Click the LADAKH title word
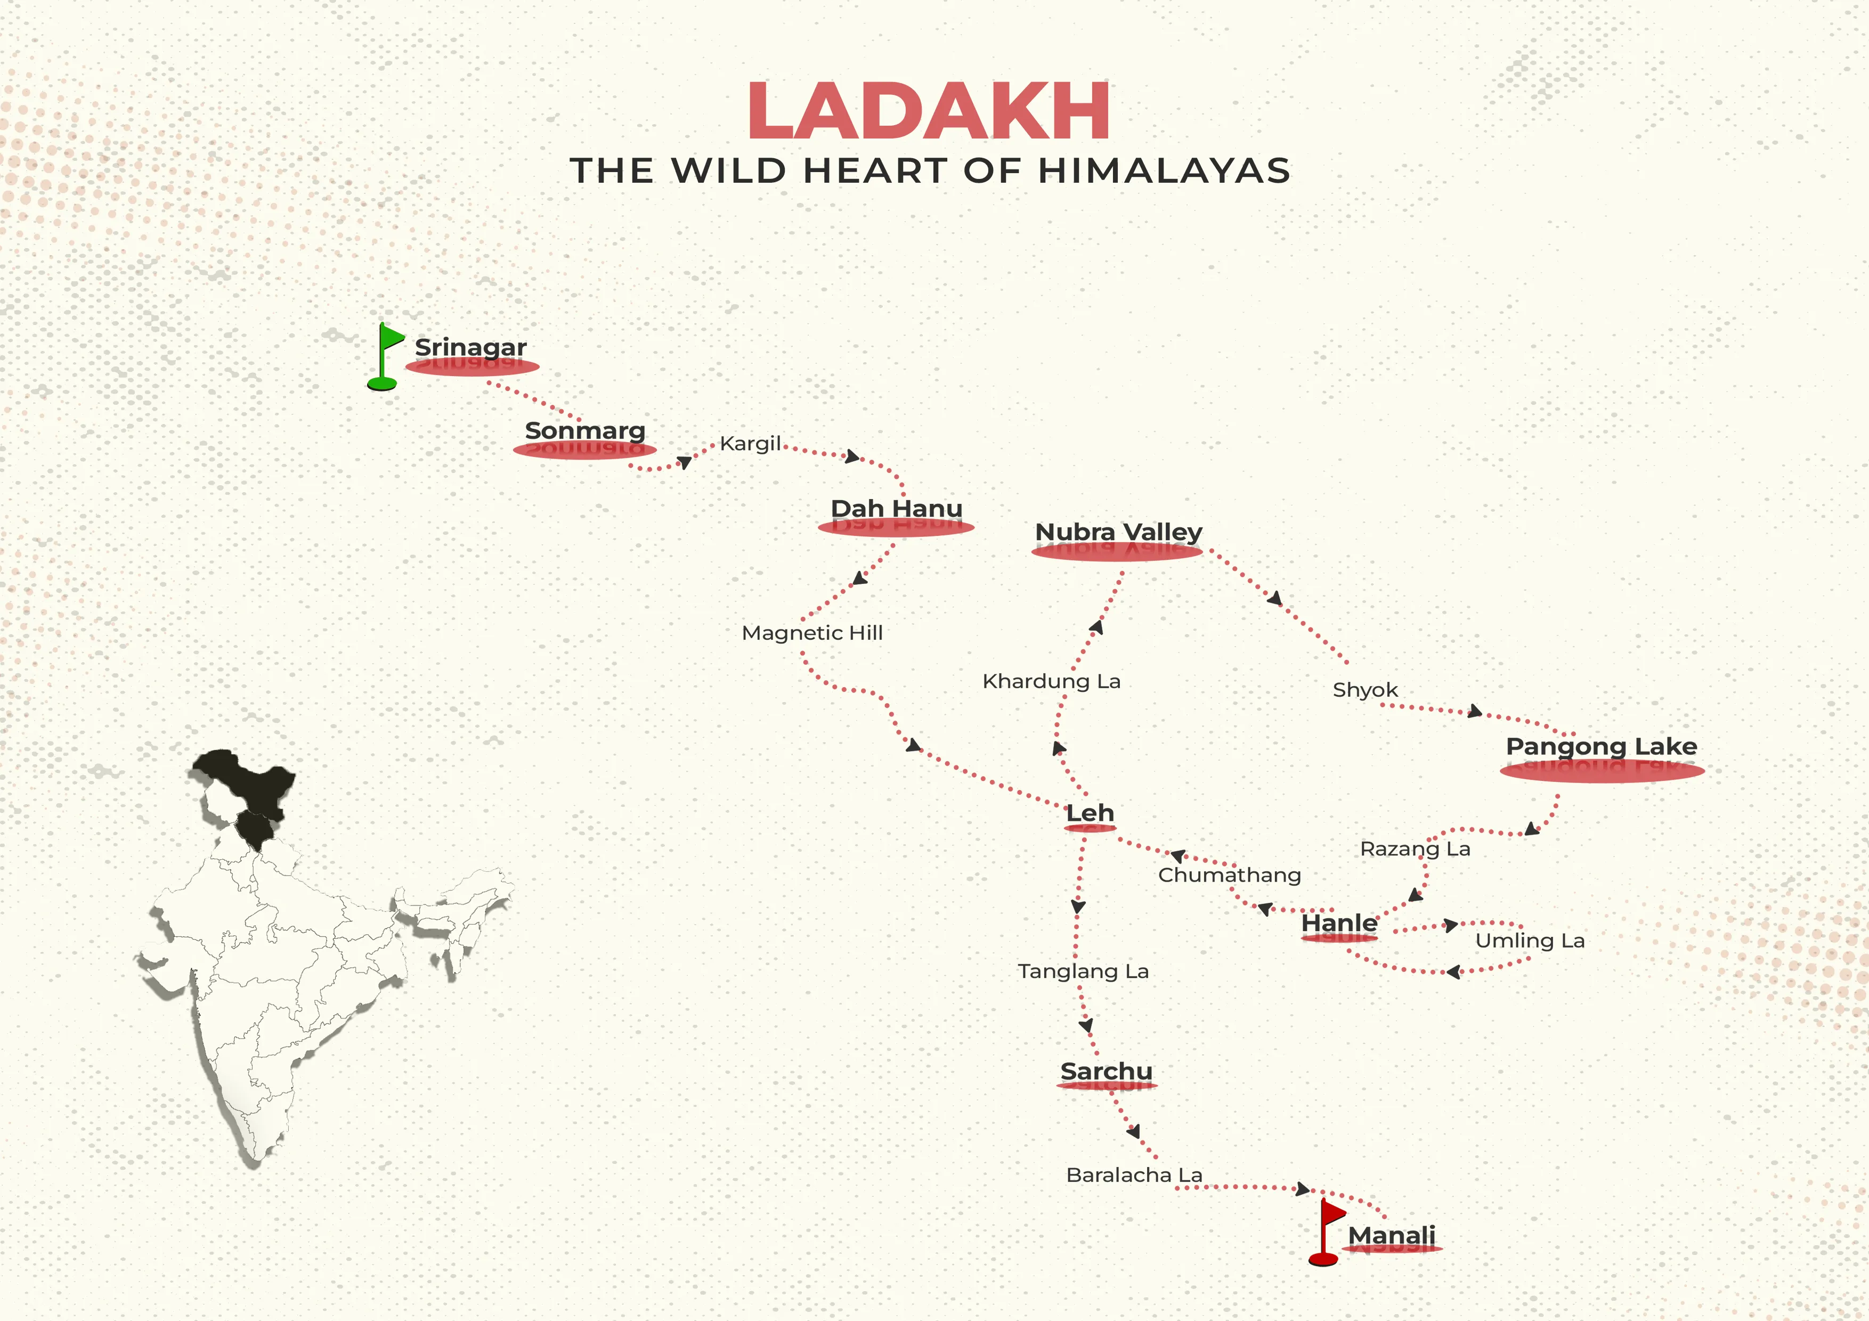tap(929, 111)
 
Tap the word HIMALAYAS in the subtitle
tap(1164, 171)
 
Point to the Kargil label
tap(750, 444)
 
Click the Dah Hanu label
tap(896, 509)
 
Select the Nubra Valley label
tap(1118, 532)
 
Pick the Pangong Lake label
tap(1600, 746)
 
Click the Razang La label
tap(1415, 849)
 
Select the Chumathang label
tap(1229, 875)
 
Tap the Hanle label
tap(1339, 923)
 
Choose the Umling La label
tap(1530, 941)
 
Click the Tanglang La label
tap(1083, 971)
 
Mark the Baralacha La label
tap(1134, 1175)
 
